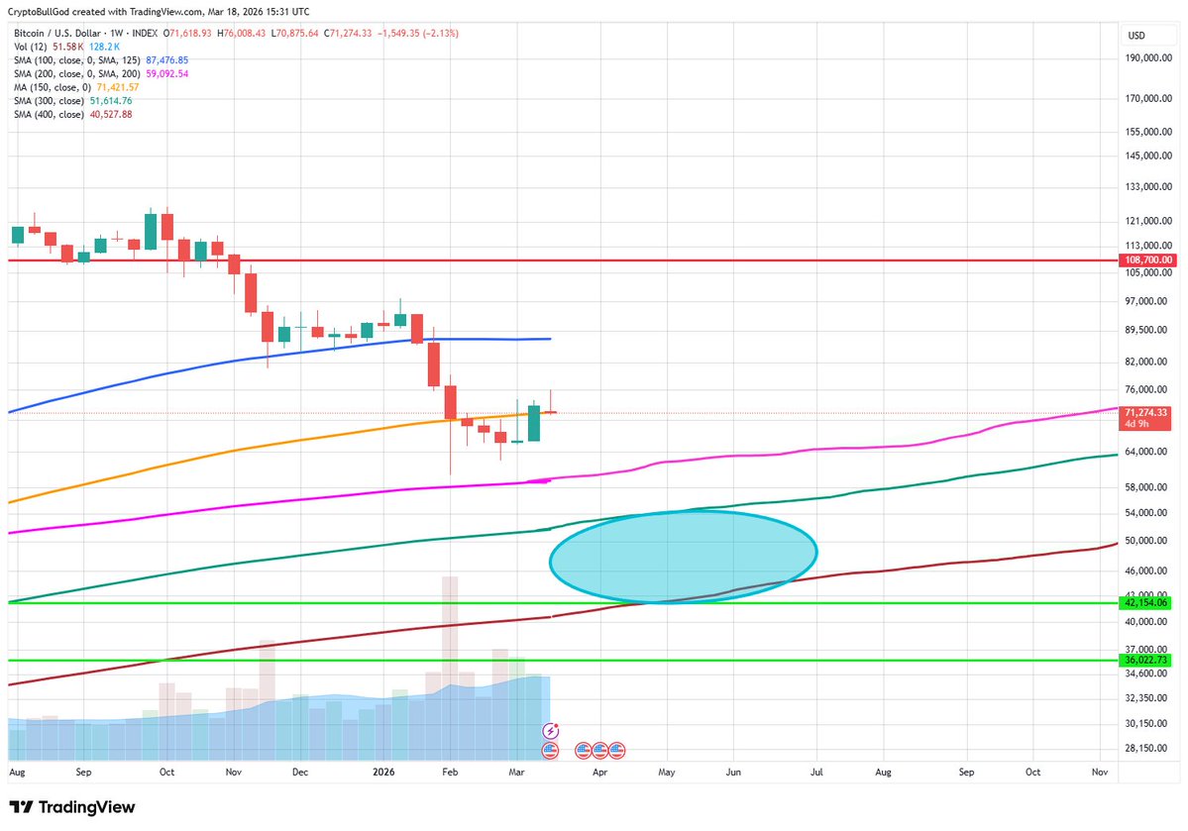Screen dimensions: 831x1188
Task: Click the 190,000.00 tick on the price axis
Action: pos(1149,58)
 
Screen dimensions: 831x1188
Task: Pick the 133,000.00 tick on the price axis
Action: pos(1149,186)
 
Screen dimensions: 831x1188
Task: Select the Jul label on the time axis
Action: pos(817,770)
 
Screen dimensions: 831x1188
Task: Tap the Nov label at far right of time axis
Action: pos(1100,770)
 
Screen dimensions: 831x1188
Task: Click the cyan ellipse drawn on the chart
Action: pos(683,556)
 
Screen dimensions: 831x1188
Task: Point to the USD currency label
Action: pos(1136,36)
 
